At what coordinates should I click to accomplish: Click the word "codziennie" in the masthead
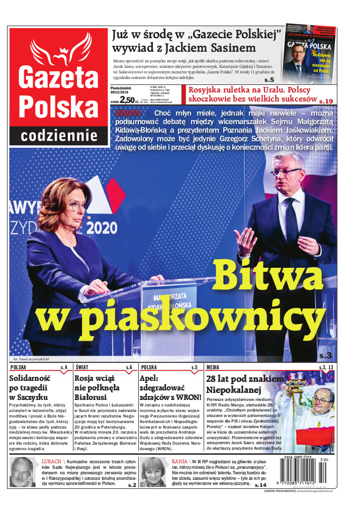59,136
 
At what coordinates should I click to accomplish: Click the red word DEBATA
128,113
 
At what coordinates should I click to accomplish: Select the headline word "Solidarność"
34,378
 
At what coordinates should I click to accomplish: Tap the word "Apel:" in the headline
150,378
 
